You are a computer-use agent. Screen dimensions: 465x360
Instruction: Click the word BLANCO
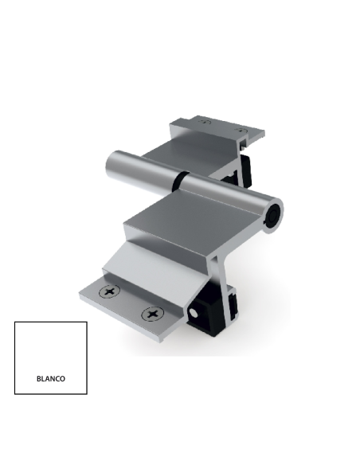pos(50,379)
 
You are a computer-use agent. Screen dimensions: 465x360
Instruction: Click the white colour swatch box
pos(50,350)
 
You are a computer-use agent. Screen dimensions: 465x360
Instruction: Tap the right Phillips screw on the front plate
pos(150,315)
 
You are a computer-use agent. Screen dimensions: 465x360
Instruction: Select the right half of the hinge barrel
pos(227,200)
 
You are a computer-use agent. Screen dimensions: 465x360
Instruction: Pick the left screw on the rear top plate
pos(204,122)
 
